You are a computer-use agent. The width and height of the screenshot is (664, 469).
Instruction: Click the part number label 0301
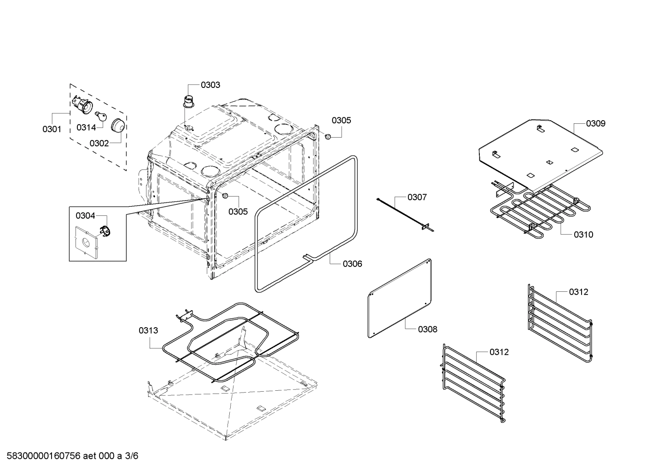click(52, 129)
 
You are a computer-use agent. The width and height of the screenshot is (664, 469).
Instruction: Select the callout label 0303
click(210, 85)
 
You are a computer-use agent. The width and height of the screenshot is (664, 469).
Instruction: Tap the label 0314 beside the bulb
click(86, 127)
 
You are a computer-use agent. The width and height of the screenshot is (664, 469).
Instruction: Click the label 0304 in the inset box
click(85, 215)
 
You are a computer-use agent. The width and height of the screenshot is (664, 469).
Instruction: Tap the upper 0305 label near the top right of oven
click(341, 120)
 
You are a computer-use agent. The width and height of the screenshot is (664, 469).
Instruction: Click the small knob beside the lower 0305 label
click(225, 196)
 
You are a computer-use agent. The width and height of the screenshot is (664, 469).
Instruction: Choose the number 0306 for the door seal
click(352, 264)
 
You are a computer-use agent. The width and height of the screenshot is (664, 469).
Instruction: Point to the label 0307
click(417, 197)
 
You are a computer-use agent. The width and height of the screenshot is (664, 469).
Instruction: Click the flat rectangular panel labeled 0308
click(400, 298)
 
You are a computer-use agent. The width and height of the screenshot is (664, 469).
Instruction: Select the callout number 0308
click(428, 329)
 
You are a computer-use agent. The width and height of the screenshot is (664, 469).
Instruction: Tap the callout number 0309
click(596, 123)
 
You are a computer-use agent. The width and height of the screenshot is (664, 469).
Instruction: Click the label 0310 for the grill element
click(583, 234)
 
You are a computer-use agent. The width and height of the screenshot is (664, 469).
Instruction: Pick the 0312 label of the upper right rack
click(578, 292)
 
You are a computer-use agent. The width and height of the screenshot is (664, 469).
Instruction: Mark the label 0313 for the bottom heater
click(148, 330)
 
